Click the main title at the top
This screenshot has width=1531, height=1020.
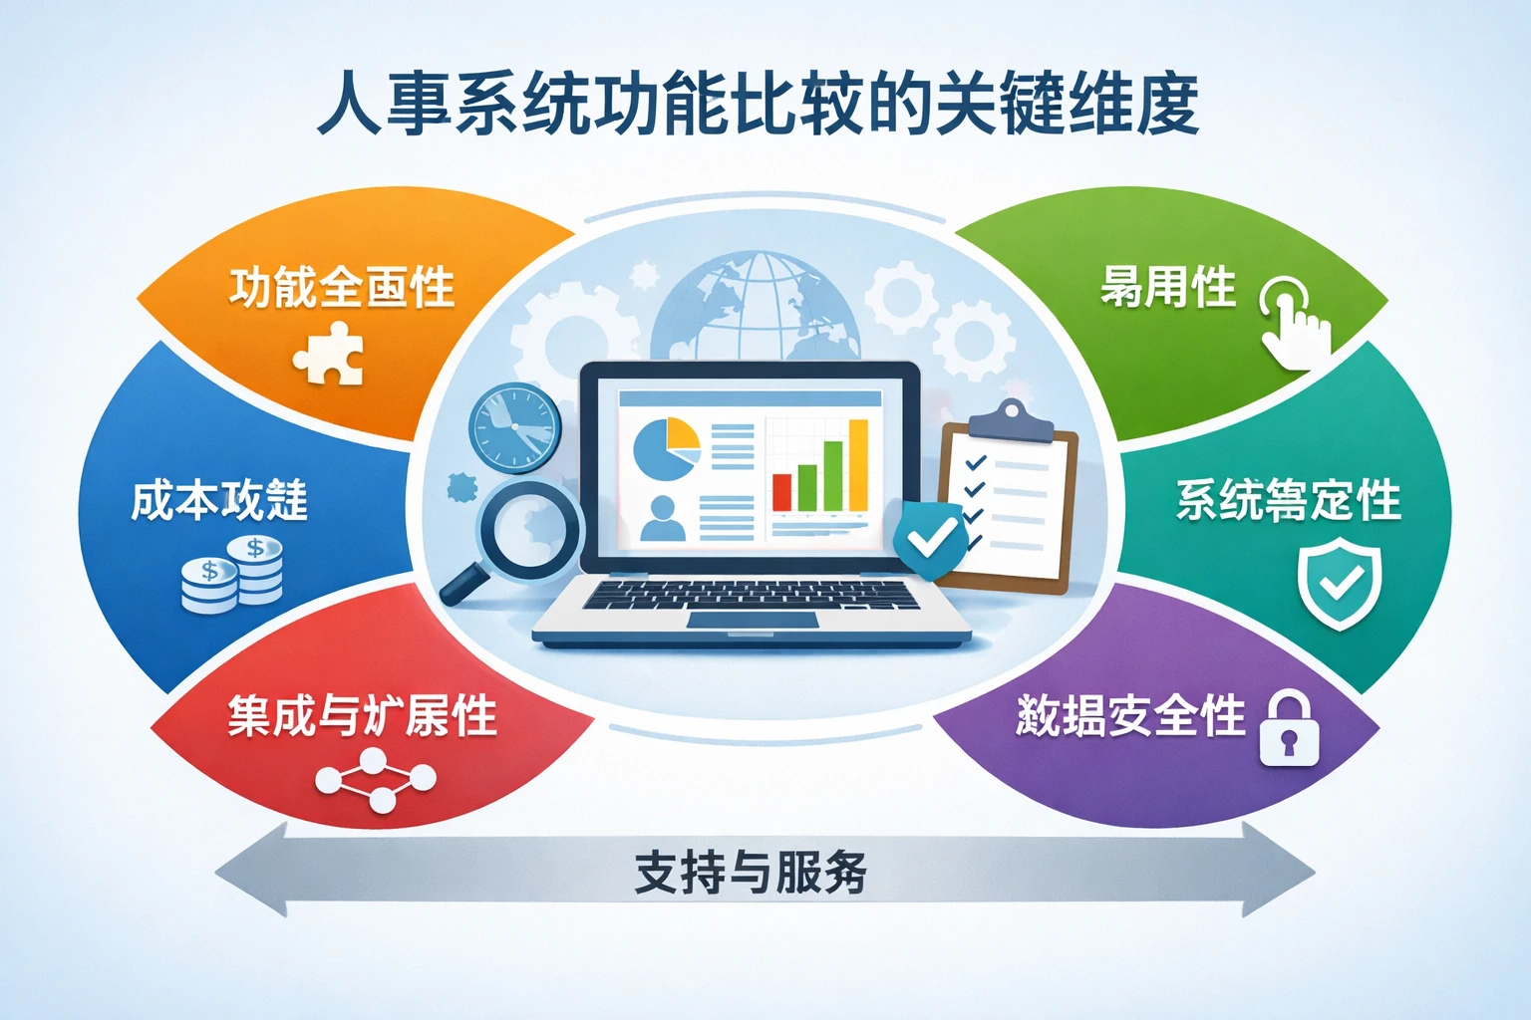tap(758, 104)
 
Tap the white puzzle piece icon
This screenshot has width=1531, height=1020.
tap(330, 354)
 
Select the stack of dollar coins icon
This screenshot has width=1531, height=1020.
tap(232, 575)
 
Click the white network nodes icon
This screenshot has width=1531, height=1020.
tap(375, 779)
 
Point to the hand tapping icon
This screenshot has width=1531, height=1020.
tap(1295, 322)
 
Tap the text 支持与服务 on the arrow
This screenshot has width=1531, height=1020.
tap(751, 873)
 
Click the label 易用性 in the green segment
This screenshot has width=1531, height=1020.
tap(1167, 288)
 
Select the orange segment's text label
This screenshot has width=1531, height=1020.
tap(342, 288)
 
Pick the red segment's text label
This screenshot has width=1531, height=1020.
tap(362, 715)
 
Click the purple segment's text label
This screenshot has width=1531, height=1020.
tap(1130, 715)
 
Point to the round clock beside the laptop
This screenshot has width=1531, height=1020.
tap(514, 427)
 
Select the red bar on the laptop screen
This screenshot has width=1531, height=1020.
tap(781, 492)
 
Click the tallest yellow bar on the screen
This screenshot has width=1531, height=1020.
tap(857, 464)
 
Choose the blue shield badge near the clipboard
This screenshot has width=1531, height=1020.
tap(931, 540)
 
